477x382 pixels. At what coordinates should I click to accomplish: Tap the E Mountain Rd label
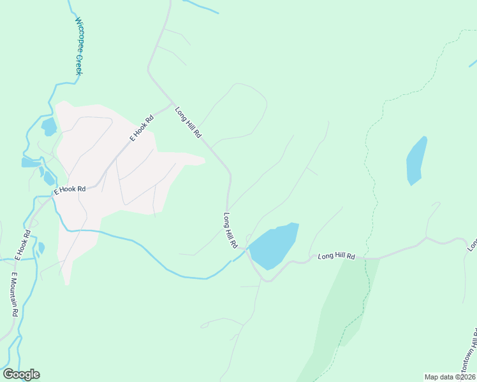point(14,295)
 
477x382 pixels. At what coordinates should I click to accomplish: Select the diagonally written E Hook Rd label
point(142,127)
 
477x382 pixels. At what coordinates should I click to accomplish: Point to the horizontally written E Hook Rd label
point(70,189)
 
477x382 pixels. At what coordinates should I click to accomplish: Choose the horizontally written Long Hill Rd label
point(336,256)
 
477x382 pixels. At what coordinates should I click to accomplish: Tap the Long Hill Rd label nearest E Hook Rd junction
point(188,122)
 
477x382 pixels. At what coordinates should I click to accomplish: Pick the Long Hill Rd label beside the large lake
point(230,230)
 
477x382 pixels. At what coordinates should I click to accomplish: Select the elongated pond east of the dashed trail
point(416,160)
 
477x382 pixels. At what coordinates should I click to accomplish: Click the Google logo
point(21,374)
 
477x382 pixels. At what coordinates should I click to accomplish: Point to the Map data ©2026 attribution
point(449,376)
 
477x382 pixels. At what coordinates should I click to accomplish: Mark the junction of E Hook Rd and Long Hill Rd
point(171,103)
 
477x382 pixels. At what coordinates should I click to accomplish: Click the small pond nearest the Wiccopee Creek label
point(48,127)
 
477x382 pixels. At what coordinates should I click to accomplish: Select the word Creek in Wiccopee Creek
point(80,64)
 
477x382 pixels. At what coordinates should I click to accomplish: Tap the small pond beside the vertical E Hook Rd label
point(41,248)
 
